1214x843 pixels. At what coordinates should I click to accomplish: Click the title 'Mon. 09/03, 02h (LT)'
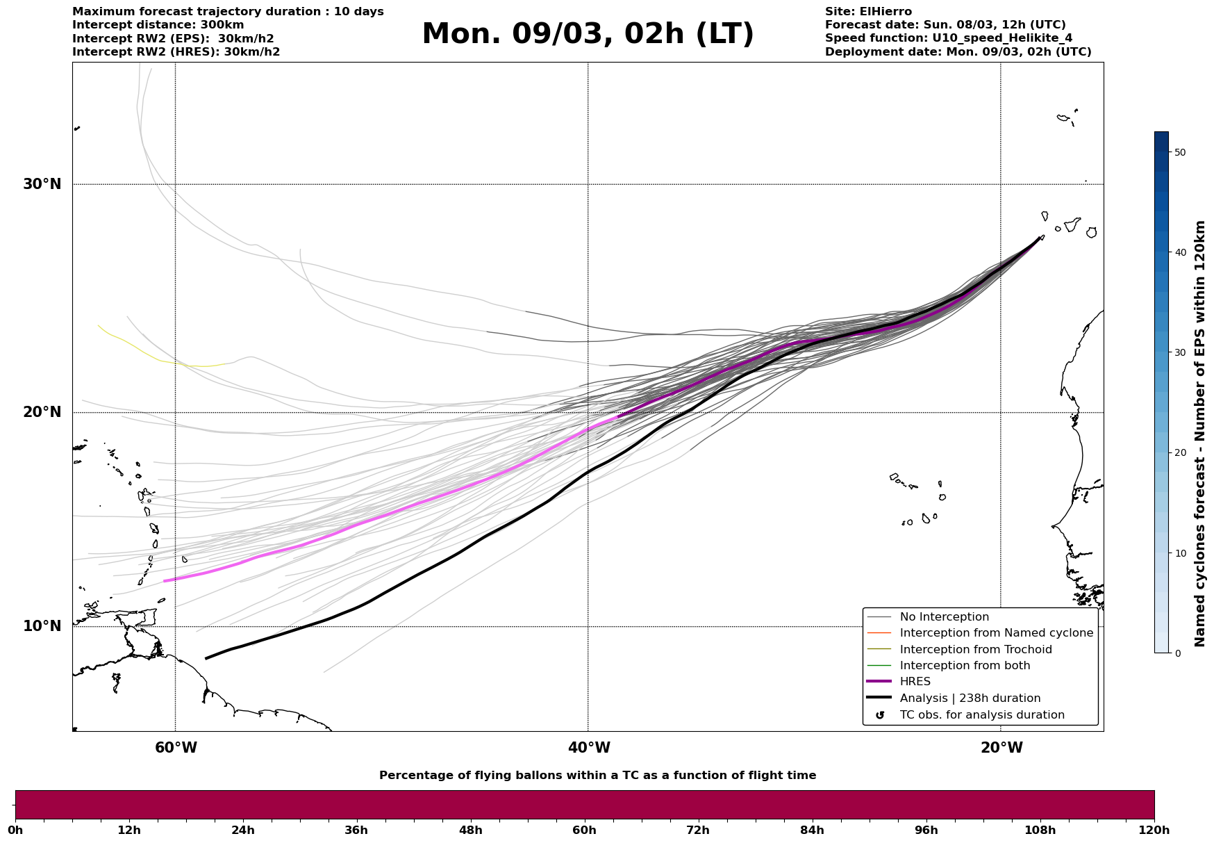(x=588, y=34)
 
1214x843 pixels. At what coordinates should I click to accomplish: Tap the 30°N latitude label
(x=42, y=184)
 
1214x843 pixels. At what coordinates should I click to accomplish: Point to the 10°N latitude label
(x=42, y=626)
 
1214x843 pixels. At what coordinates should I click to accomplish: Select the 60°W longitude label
(x=176, y=748)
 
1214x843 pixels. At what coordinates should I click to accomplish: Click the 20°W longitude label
(x=1001, y=748)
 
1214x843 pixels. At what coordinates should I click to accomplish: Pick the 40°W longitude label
(x=588, y=748)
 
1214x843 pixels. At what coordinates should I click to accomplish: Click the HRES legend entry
(x=915, y=682)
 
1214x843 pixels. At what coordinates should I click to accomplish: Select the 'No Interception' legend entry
(x=944, y=617)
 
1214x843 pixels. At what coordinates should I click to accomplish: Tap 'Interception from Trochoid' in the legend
(x=975, y=650)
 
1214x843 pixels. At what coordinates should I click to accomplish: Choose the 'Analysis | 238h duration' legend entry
(x=970, y=698)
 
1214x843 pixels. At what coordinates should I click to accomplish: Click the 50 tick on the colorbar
(x=1180, y=152)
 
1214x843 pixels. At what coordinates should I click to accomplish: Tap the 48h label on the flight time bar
(x=470, y=830)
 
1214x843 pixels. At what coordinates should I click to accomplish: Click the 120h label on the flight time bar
(x=1154, y=830)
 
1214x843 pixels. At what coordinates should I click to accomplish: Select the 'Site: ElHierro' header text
(x=868, y=12)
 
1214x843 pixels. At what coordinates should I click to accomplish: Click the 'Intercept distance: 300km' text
(x=158, y=25)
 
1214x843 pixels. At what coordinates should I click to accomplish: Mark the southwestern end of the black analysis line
(x=206, y=658)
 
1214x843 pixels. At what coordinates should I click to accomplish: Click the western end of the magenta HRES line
(x=165, y=581)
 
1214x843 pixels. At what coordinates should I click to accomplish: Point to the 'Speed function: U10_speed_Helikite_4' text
(x=948, y=38)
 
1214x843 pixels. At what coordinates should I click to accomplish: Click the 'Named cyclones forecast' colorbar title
(x=1199, y=434)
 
